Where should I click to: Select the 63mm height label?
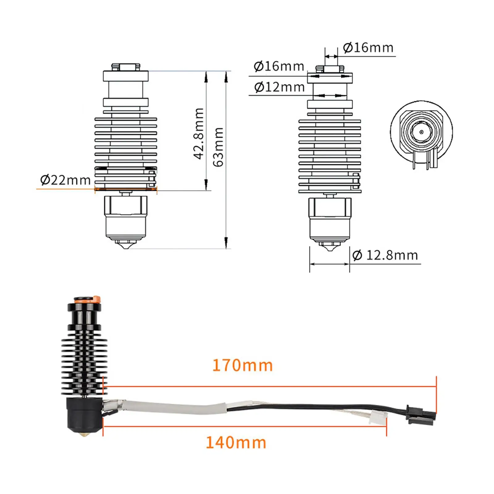click(219, 147)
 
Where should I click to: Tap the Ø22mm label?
click(65, 180)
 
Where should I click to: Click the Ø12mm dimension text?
click(279, 87)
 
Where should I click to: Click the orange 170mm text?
click(243, 366)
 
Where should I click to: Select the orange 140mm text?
click(236, 443)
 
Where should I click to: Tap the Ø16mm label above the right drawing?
click(368, 48)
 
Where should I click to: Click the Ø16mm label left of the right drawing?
click(279, 66)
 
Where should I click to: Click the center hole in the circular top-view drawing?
click(421, 132)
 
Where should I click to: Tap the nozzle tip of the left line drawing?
click(126, 246)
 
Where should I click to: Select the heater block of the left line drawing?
click(126, 216)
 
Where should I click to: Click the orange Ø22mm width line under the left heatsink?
click(126, 189)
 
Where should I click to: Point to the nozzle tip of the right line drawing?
click(330, 249)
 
